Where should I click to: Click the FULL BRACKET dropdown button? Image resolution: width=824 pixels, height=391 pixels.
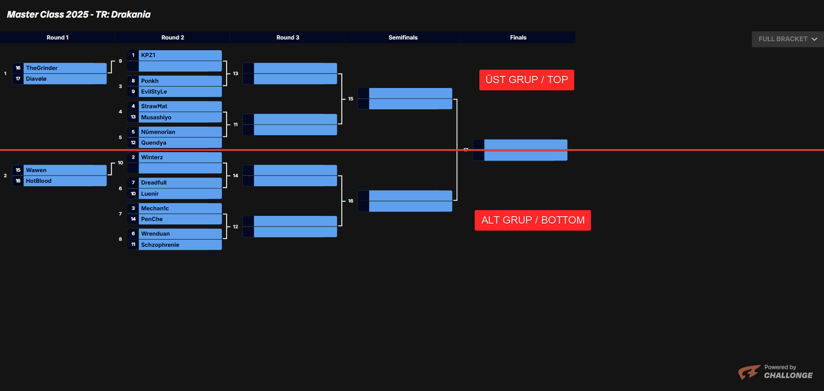pyautogui.click(x=788, y=39)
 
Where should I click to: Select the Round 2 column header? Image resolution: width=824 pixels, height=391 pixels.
pyautogui.click(x=173, y=37)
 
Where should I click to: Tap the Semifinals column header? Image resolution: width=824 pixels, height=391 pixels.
pyautogui.click(x=403, y=37)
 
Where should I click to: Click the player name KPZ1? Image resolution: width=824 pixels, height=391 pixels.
pyautogui.click(x=148, y=55)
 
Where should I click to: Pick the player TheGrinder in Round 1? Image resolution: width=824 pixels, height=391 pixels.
pyautogui.click(x=42, y=68)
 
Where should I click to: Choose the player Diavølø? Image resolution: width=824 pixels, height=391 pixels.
pyautogui.click(x=36, y=79)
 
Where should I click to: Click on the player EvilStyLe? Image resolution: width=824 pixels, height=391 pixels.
pyautogui.click(x=154, y=92)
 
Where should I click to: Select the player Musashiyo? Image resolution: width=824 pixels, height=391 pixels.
pyautogui.click(x=156, y=117)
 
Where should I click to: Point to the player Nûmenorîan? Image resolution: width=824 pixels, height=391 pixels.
pyautogui.click(x=158, y=132)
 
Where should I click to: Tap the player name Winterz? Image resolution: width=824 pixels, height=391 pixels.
pyautogui.click(x=152, y=158)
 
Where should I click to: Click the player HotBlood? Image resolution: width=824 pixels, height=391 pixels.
pyautogui.click(x=39, y=181)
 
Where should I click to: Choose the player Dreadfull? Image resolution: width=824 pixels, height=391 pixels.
pyautogui.click(x=154, y=183)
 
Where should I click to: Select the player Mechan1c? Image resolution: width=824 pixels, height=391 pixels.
pyautogui.click(x=155, y=208)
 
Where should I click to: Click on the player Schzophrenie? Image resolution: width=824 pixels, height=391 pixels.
pyautogui.click(x=160, y=245)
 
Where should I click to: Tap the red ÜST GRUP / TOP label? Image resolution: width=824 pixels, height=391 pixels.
pyautogui.click(x=527, y=80)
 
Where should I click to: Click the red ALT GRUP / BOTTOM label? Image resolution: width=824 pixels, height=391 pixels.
pyautogui.click(x=533, y=220)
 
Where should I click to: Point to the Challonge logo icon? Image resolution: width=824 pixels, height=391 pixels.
pyautogui.click(x=749, y=372)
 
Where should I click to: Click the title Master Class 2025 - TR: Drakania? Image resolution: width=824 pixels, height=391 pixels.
pyautogui.click(x=79, y=15)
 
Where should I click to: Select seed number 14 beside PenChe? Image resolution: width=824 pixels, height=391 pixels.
pyautogui.click(x=133, y=219)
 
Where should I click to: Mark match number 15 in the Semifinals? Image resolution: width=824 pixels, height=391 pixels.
pyautogui.click(x=351, y=99)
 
